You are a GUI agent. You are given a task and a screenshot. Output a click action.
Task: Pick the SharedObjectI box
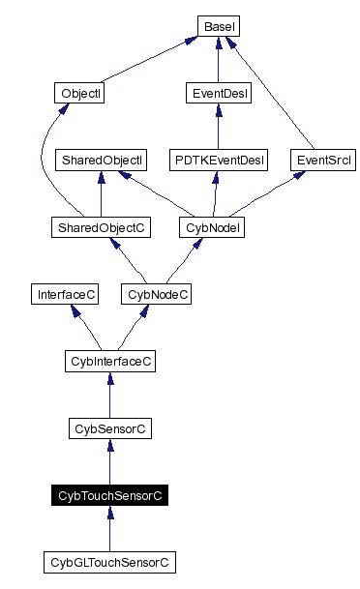point(102,159)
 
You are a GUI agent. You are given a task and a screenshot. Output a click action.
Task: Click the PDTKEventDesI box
point(217,159)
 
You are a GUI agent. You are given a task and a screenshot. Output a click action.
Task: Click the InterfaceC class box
point(65,293)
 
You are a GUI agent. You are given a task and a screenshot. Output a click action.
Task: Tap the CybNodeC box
point(156,293)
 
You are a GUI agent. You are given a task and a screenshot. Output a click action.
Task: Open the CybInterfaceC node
point(109,361)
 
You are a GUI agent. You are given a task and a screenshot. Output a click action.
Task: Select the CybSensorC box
point(109,427)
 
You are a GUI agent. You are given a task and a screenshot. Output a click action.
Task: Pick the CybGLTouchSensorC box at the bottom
point(109,561)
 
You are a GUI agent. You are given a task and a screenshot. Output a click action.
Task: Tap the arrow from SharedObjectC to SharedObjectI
point(102,193)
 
